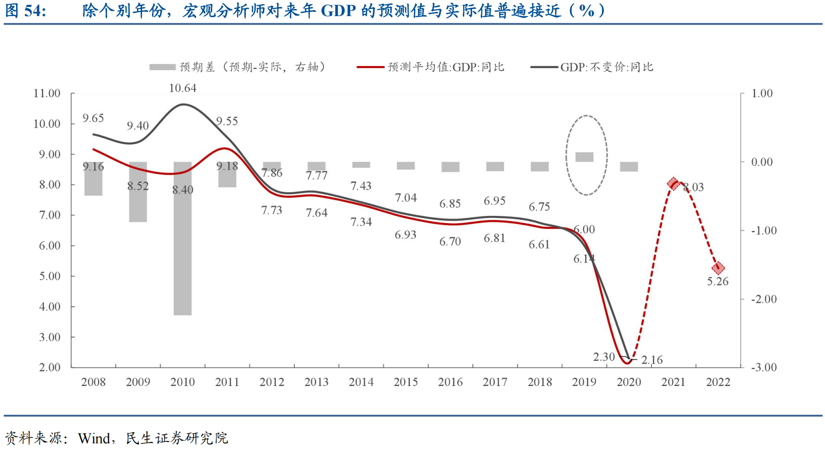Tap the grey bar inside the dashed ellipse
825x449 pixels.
pos(584,157)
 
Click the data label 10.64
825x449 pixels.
pos(182,88)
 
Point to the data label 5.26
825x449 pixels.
pos(717,281)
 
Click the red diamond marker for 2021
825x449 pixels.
pos(673,183)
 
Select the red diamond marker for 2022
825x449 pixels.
pos(718,268)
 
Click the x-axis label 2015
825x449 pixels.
pos(405,382)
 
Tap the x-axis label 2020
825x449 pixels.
pos(628,382)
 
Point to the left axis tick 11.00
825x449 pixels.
pos(47,93)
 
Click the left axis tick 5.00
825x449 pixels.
pos(50,276)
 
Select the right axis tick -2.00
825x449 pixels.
pos(763,299)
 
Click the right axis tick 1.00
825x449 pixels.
pos(762,93)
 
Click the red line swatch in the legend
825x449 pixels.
pos(370,67)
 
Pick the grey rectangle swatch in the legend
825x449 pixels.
pos(162,67)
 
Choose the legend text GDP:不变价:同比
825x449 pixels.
pos(607,67)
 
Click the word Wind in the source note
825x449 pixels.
pos(94,438)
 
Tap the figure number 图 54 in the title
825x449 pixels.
pos(26,10)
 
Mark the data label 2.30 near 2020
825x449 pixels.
pos(604,357)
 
